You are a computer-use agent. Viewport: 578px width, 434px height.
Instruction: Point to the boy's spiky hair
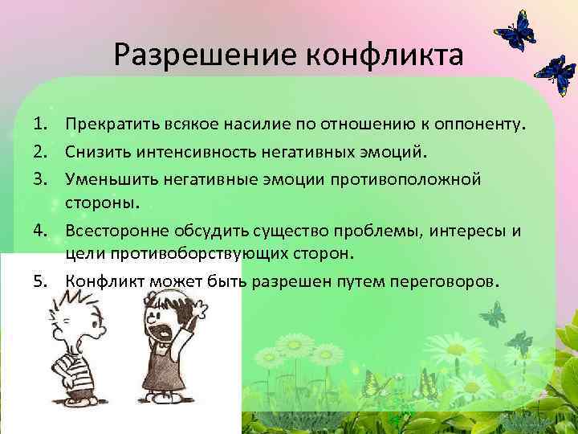pyautogui.click(x=64, y=303)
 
